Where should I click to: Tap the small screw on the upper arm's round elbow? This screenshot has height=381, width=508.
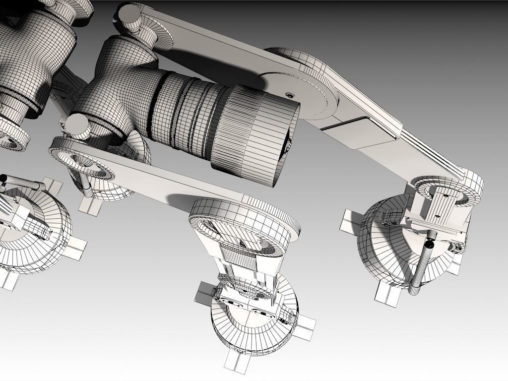pos(288,94)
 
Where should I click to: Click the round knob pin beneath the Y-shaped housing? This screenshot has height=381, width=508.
pos(78,126)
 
